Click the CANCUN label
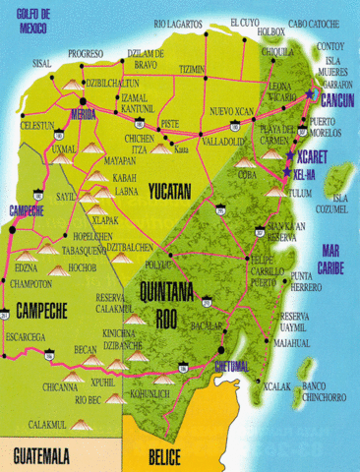tap(336, 100)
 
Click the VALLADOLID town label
tap(222, 141)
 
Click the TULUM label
tap(297, 193)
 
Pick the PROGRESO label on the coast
tap(87, 53)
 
